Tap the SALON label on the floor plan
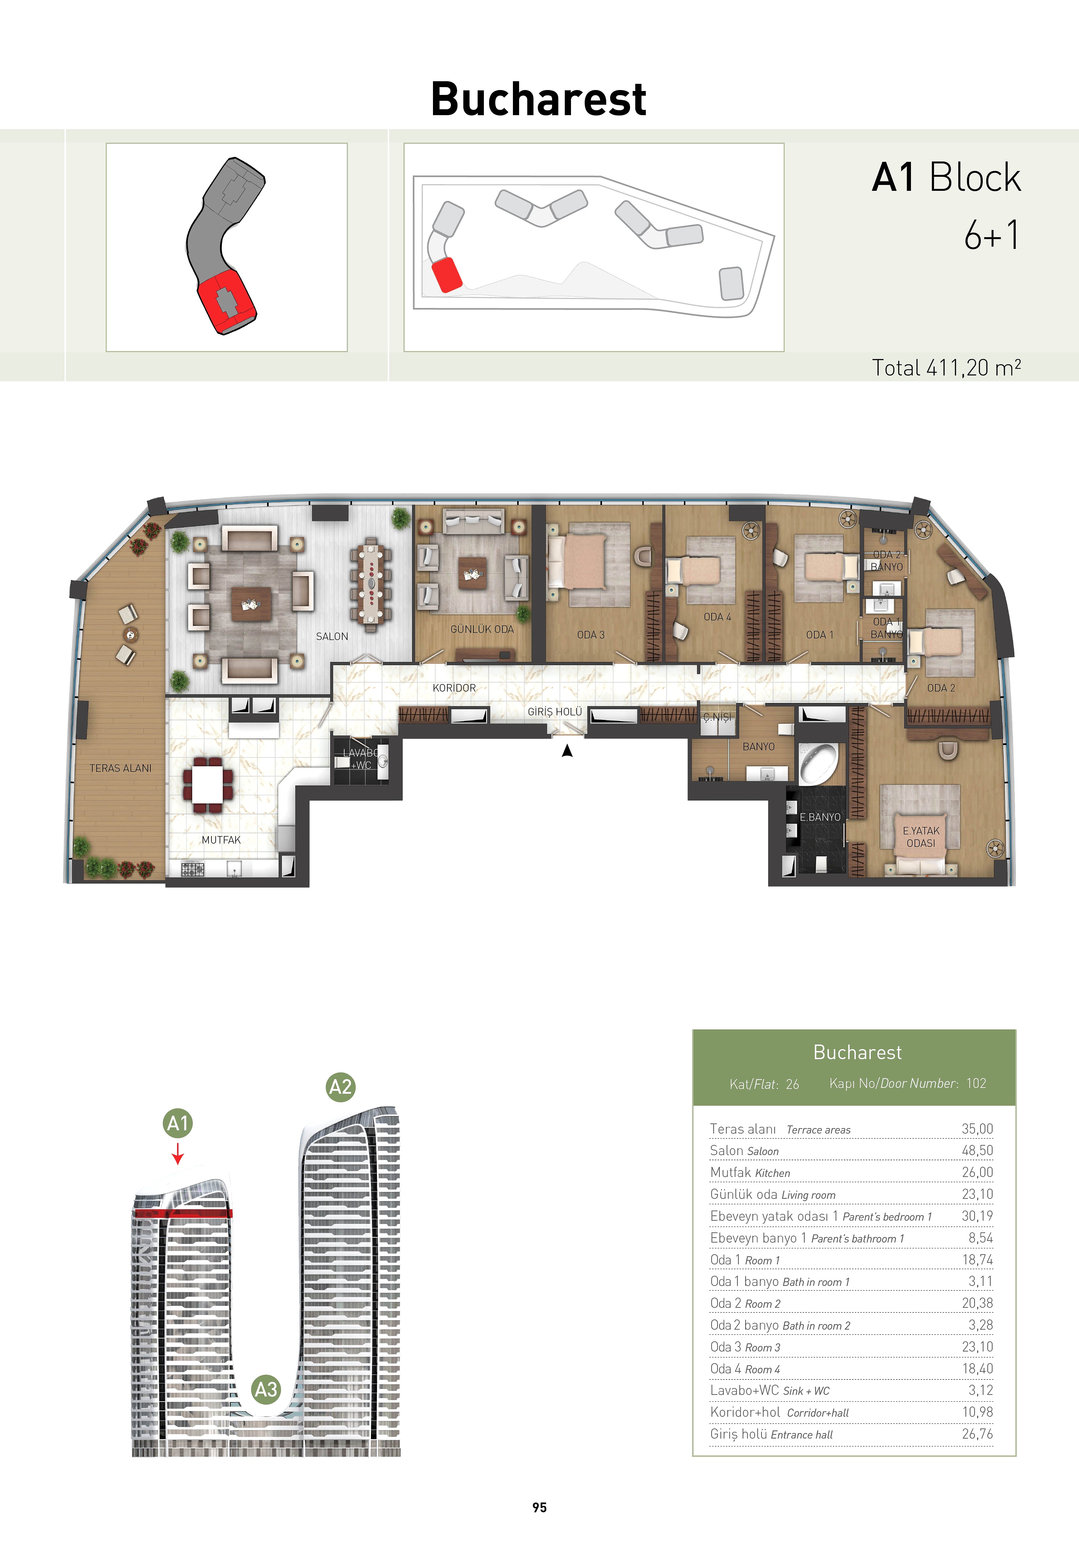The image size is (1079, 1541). pyautogui.click(x=332, y=636)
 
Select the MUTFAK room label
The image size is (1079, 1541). pyautogui.click(x=221, y=840)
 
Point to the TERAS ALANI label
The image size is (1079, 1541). pyautogui.click(x=121, y=768)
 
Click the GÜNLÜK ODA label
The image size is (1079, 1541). pyautogui.click(x=482, y=629)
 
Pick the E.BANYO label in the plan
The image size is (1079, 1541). pyautogui.click(x=820, y=817)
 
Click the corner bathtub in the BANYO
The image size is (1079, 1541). pyautogui.click(x=818, y=763)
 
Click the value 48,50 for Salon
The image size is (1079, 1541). pyautogui.click(x=977, y=1151)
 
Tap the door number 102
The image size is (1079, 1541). pyautogui.click(x=976, y=1083)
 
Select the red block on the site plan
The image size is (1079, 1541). pyautogui.click(x=446, y=275)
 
